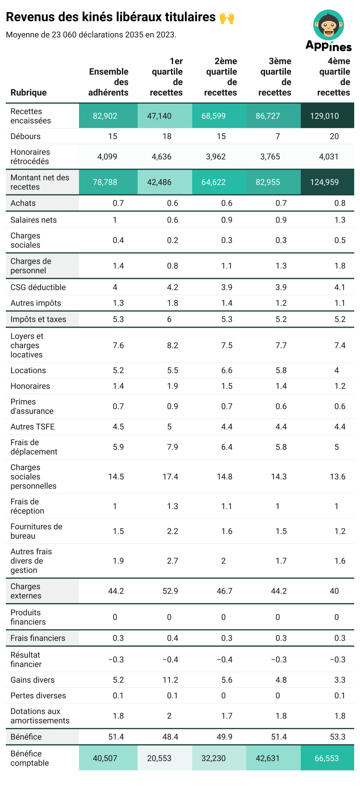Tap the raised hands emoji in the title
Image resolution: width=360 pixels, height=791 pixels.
[227, 17]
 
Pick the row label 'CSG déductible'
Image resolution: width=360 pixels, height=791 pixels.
[38, 287]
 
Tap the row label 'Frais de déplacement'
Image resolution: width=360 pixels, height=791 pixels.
[34, 447]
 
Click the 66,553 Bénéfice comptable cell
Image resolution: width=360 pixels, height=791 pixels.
[327, 758]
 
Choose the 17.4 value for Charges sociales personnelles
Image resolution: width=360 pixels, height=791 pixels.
[170, 476]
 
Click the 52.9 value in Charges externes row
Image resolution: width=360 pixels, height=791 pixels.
[170, 591]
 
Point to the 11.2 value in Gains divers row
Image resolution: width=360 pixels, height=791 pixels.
[170, 680]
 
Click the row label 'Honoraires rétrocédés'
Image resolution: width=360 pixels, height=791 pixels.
[30, 157]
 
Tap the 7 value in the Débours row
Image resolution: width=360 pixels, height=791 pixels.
[277, 136]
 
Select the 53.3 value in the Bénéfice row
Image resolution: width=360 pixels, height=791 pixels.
[337, 737]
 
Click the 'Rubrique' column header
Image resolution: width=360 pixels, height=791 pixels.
[28, 93]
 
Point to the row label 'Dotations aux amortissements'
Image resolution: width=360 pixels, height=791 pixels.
[40, 716]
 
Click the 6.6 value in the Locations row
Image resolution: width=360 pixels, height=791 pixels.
[227, 370]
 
